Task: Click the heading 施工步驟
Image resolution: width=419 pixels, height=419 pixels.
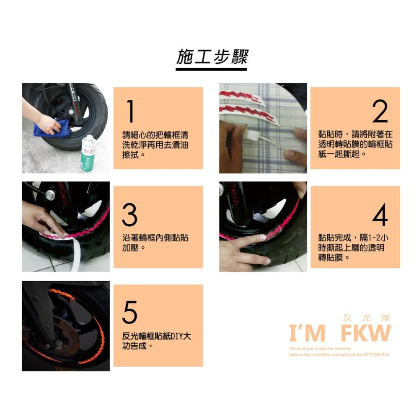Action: point(212,57)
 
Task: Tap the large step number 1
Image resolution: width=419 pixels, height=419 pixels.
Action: point(131,112)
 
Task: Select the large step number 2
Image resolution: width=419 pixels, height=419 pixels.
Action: point(380,112)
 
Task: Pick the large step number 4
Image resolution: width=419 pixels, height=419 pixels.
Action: point(380,215)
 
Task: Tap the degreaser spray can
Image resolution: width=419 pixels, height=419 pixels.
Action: point(88,153)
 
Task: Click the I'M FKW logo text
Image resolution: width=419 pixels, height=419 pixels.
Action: point(339,334)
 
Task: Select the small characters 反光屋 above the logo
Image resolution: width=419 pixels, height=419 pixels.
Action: point(366,318)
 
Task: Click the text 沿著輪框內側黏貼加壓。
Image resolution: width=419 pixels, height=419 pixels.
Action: point(155,243)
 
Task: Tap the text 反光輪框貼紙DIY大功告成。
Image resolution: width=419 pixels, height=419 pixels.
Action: point(156,341)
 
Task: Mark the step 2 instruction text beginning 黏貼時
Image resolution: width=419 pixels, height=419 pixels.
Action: point(355,144)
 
